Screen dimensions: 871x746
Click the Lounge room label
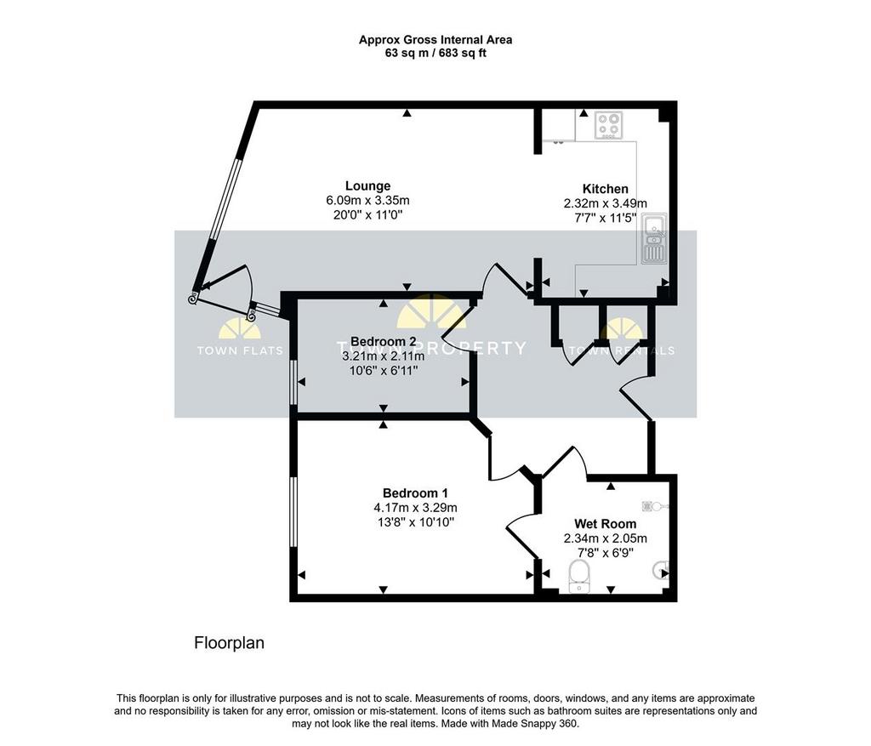tap(367, 186)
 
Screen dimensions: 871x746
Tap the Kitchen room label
tap(606, 189)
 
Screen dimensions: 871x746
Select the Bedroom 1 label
tap(415, 493)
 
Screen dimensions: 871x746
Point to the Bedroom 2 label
tap(384, 341)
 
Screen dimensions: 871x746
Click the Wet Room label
tap(606, 524)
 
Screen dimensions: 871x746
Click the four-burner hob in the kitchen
tap(609, 125)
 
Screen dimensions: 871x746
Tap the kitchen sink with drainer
tap(654, 239)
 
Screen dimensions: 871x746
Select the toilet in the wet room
tap(580, 576)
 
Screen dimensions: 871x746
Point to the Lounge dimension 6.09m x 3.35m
tap(367, 201)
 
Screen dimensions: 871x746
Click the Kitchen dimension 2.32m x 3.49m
tap(606, 204)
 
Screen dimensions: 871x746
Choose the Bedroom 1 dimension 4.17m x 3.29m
tap(415, 508)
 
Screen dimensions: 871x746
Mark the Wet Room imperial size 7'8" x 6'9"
tap(606, 553)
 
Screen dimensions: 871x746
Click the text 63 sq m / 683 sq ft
tap(435, 54)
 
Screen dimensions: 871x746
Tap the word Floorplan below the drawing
tap(229, 643)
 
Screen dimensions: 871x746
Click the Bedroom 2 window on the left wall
tap(293, 383)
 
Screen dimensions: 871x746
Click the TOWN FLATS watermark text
tap(240, 350)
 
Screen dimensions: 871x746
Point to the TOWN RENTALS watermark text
tap(622, 350)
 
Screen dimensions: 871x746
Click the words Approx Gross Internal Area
tap(435, 40)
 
